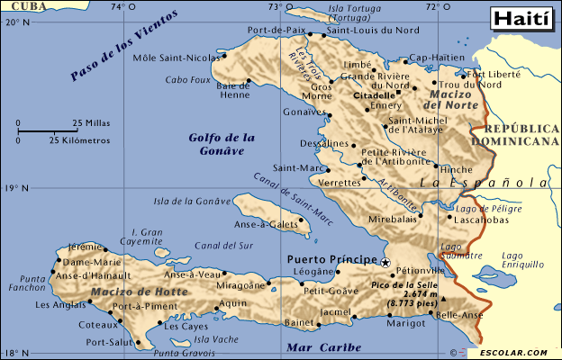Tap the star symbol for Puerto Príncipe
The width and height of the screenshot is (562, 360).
pos(385,263)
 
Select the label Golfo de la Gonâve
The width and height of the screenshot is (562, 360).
pos(222,144)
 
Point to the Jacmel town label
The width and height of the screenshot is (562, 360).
pos(336,312)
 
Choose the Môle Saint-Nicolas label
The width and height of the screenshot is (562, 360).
pos(176,58)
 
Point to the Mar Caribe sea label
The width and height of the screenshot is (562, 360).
pos(323,346)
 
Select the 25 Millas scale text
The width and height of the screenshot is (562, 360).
pos(92,122)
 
